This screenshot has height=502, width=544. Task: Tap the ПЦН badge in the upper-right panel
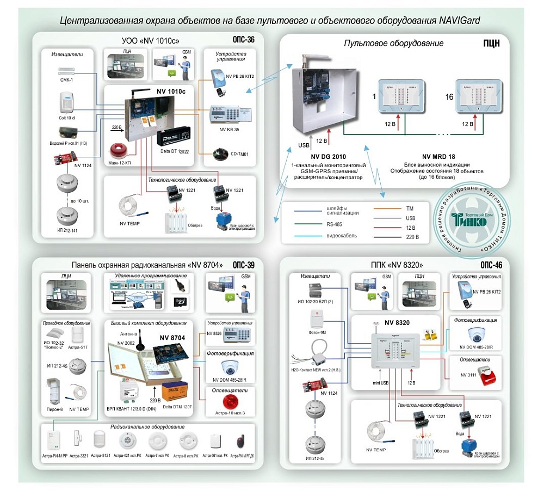pyautogui.click(x=491, y=43)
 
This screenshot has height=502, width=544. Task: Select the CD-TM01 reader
pyautogui.click(x=222, y=153)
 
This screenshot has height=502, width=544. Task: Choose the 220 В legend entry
pyautogui.click(x=413, y=237)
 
